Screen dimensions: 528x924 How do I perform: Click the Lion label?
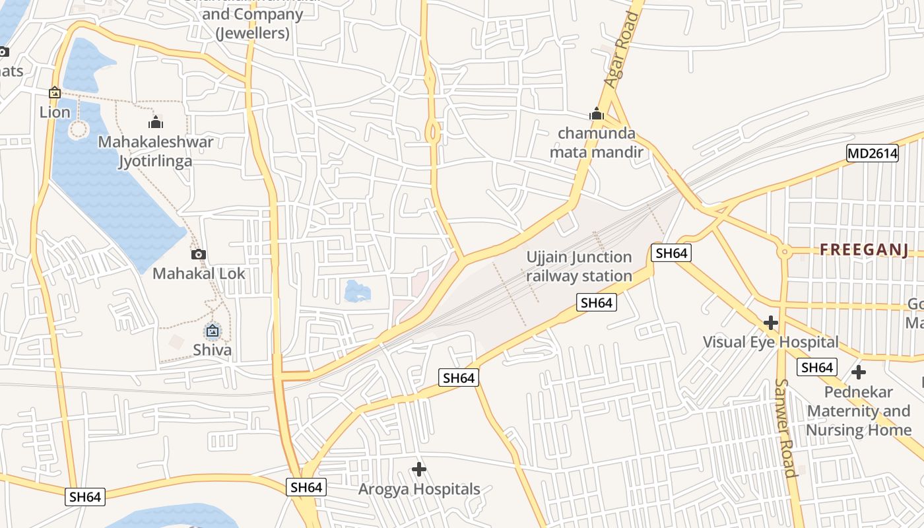point(55,112)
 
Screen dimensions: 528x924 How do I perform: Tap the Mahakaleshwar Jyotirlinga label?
point(156,151)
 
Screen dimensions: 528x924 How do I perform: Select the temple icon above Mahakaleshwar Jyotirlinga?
point(156,122)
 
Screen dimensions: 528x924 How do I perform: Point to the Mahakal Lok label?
point(199,273)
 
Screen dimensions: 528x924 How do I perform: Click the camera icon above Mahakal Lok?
point(198,254)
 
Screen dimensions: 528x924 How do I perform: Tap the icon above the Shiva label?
point(213,331)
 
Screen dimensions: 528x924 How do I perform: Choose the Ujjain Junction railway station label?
point(579,266)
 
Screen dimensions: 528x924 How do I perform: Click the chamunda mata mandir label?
point(597,143)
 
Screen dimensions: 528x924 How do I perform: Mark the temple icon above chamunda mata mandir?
point(597,114)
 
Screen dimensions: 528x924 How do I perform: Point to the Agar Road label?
point(623,50)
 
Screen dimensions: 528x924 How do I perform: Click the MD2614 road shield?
point(873,154)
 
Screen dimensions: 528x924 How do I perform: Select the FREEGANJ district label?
point(864,249)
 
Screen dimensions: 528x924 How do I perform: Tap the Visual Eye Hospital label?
point(770,342)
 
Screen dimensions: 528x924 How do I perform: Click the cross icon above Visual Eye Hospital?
point(770,323)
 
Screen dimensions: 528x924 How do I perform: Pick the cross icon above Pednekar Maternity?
point(858,372)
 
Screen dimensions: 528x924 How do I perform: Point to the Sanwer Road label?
point(785,427)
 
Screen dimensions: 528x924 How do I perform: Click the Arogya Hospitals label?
point(419,489)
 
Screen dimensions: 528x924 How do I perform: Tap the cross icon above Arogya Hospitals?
point(419,469)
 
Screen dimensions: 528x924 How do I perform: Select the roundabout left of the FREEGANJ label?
point(784,251)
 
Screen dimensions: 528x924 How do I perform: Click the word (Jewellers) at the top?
point(253,32)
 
